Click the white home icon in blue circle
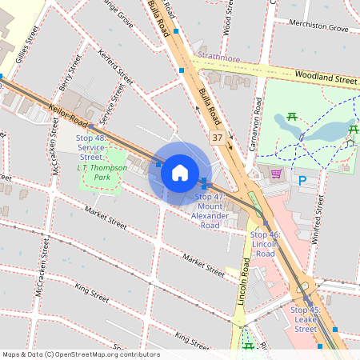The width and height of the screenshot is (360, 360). point(180,172)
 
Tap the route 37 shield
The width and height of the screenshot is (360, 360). point(218,138)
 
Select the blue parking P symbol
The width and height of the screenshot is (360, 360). point(302,181)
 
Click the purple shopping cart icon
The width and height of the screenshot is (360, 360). point(276,173)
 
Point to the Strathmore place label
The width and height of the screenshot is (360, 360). point(218,58)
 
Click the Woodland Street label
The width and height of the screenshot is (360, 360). point(325,79)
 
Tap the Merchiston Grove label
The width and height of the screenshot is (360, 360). point(319,28)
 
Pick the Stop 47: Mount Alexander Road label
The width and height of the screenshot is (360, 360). point(210,210)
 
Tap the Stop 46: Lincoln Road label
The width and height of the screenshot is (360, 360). point(265,244)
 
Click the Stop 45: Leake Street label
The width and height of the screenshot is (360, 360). point(305,319)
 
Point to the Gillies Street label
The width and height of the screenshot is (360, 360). point(26,45)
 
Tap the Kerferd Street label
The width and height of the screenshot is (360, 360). point(115,66)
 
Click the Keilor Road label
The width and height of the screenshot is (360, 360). point(66,117)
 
